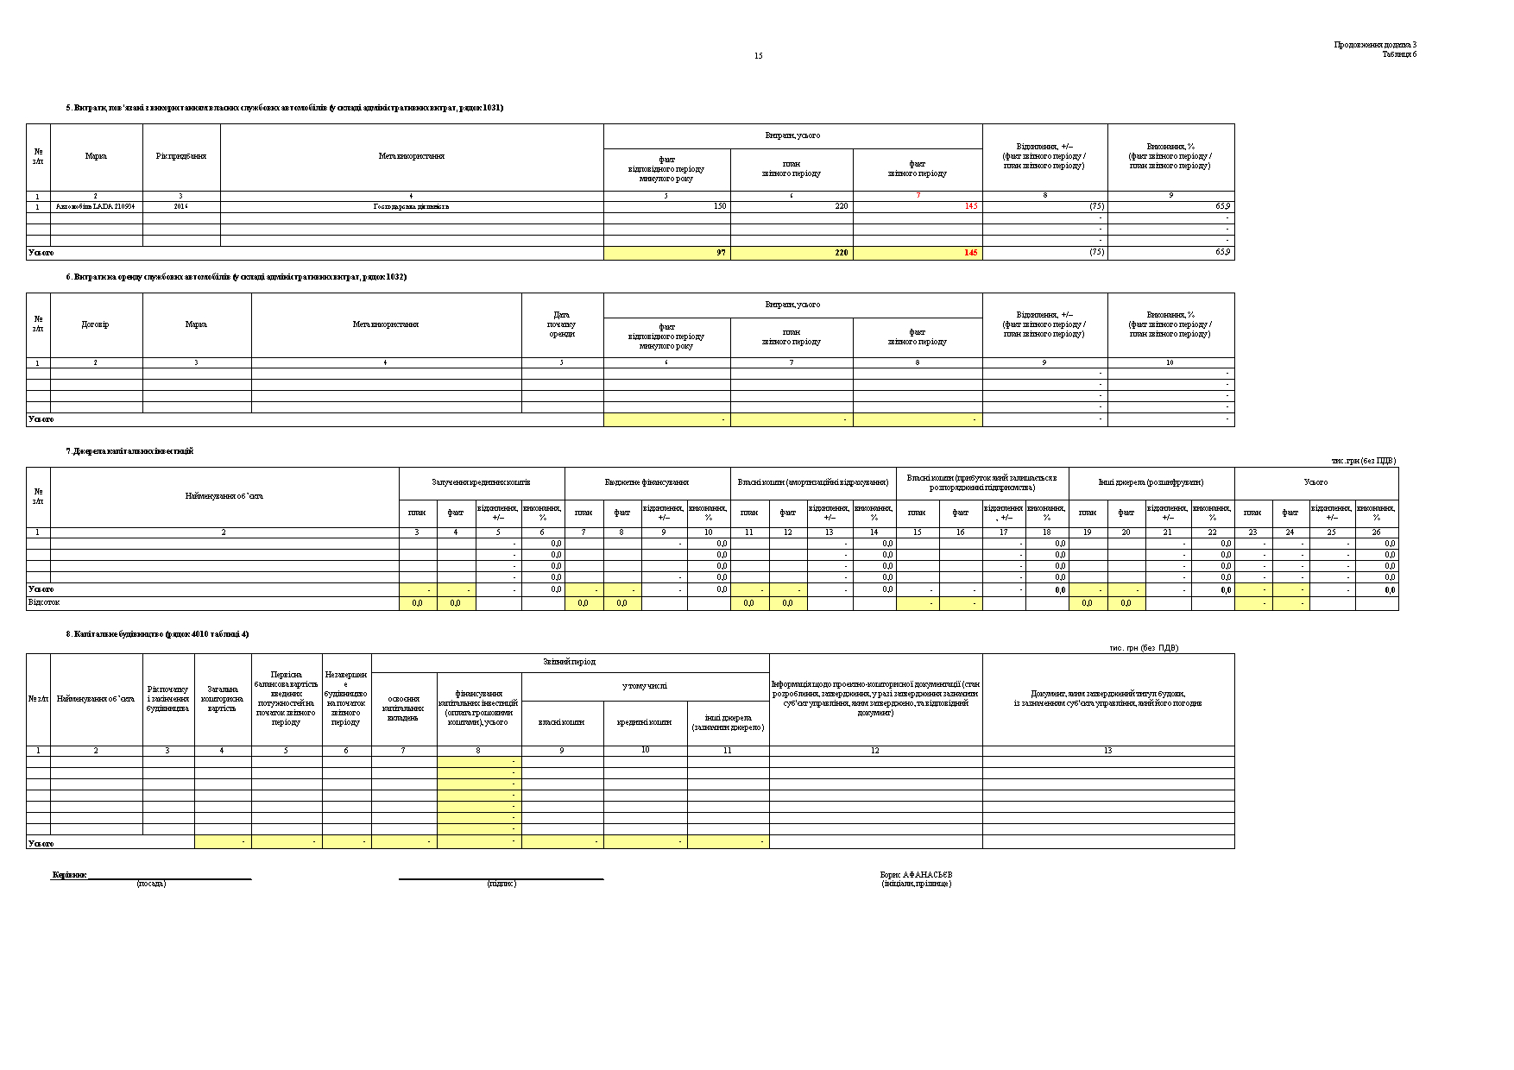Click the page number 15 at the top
point(758,56)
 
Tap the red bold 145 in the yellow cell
point(971,253)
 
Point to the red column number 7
point(918,196)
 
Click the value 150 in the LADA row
point(720,207)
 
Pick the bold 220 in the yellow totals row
point(841,253)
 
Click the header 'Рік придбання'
point(181,156)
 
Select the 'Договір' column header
point(95,324)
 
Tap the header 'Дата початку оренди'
point(562,324)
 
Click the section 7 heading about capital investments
point(129,451)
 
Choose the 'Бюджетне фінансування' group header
point(647,482)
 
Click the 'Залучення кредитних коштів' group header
point(481,482)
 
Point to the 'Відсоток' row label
point(44,602)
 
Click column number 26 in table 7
point(1376,532)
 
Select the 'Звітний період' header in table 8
point(569,662)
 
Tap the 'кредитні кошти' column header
point(645,722)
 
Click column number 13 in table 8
point(1107,751)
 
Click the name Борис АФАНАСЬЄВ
point(916,874)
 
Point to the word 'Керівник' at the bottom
point(69,874)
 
